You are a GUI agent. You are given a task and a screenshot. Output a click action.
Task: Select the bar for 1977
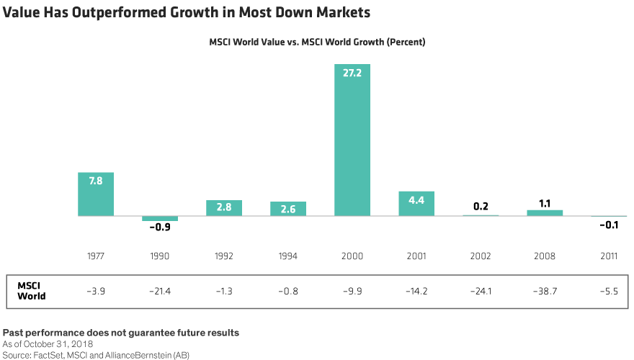click(96, 194)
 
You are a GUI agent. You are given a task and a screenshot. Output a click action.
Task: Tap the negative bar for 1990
click(160, 218)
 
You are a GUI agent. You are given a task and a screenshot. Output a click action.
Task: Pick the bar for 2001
click(416, 204)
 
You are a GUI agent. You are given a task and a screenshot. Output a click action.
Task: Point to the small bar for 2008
click(545, 212)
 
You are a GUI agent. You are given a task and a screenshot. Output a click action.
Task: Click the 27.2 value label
click(352, 73)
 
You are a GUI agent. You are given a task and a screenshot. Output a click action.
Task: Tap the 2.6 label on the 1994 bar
click(288, 209)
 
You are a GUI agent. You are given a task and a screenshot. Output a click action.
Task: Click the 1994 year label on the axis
click(288, 256)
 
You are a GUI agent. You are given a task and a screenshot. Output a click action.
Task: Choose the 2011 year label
click(609, 256)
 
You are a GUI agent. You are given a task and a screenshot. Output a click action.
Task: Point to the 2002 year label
click(481, 256)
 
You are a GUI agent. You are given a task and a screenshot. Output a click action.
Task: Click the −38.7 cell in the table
click(545, 291)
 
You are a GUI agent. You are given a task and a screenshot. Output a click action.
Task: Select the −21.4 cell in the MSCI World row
click(160, 291)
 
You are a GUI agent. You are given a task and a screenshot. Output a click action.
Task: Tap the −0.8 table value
click(288, 291)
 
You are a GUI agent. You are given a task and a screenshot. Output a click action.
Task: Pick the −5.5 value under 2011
click(609, 291)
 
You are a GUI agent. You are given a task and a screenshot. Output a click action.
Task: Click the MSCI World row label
click(32, 291)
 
